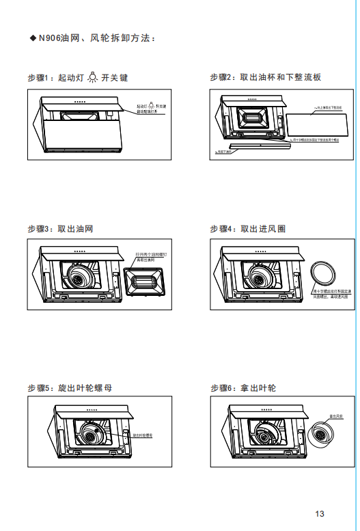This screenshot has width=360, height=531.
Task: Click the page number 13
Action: coord(320,513)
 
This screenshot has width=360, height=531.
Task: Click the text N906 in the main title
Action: coord(50,38)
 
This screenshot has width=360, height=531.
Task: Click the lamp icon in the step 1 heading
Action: coord(92,78)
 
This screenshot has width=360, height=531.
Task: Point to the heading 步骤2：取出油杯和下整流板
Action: coord(265,77)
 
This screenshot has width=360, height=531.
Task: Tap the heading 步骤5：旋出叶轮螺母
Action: coord(70,387)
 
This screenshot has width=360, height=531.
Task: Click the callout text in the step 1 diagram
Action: coord(151,109)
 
